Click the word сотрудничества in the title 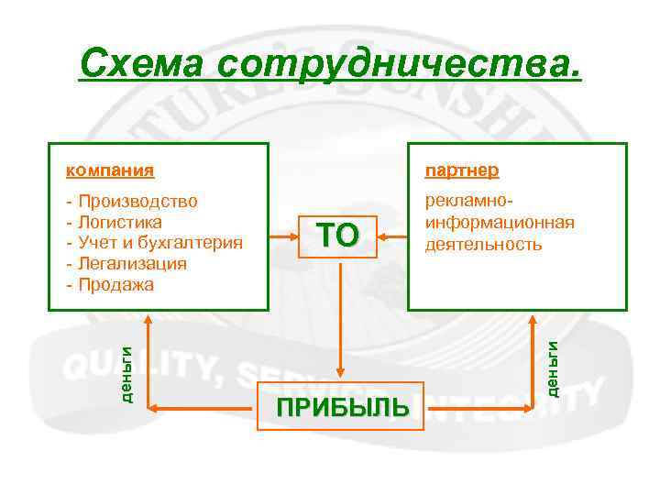coord(400,63)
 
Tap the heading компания coord(109,170)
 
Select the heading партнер coord(461,170)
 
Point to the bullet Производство coord(137,200)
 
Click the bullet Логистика coord(120,221)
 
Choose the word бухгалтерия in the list coord(196,242)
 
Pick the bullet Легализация coord(132,263)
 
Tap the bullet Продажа coord(116,284)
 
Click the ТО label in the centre coord(338,236)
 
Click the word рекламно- coord(467,200)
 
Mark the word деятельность coord(483,244)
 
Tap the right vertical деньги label coord(554,367)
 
